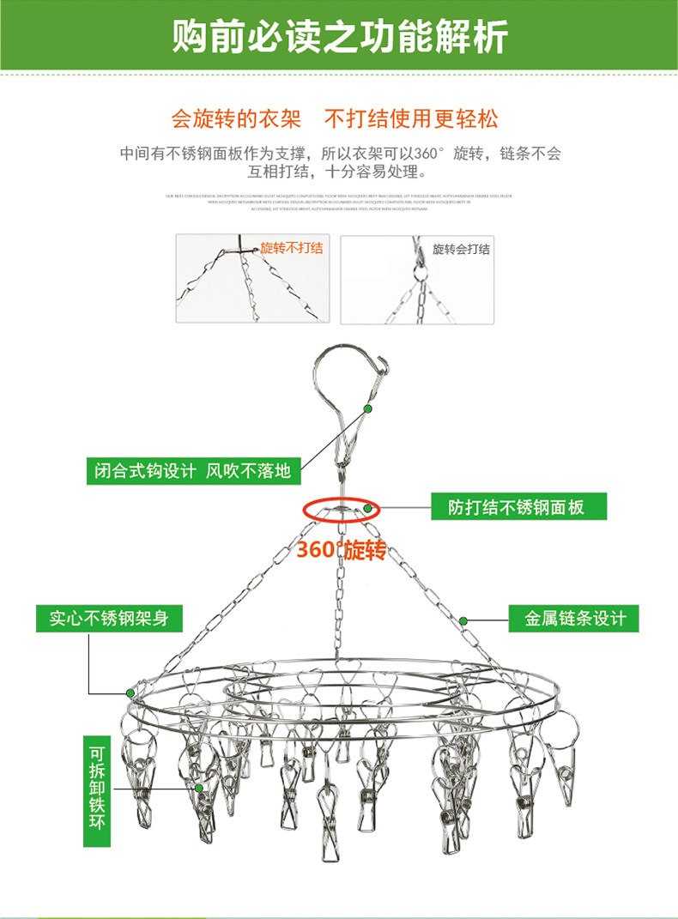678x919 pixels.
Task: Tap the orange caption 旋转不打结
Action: pos(292,248)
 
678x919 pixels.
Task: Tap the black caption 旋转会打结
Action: pos(461,249)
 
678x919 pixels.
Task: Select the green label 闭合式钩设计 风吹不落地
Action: pos(193,470)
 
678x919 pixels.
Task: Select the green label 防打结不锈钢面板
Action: pos(516,506)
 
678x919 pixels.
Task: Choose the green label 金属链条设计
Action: pos(575,618)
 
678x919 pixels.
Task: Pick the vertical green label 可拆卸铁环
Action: pos(96,786)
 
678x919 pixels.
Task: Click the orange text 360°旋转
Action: pos(342,549)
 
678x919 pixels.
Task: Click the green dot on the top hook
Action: pos(367,409)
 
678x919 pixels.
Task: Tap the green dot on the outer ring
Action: pos(130,691)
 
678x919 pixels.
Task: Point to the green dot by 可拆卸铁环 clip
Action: pos(198,787)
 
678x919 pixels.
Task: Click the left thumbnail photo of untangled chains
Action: pos(252,279)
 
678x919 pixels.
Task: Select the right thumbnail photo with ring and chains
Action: pos(417,279)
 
